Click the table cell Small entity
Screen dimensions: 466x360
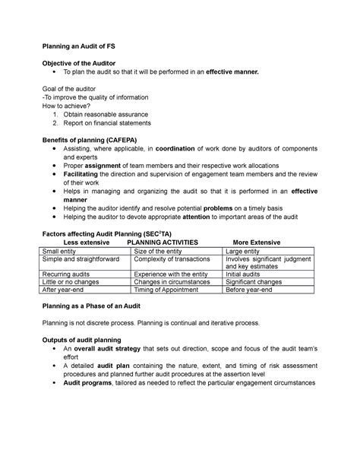coord(65,251)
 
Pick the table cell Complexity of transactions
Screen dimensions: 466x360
coord(172,260)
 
